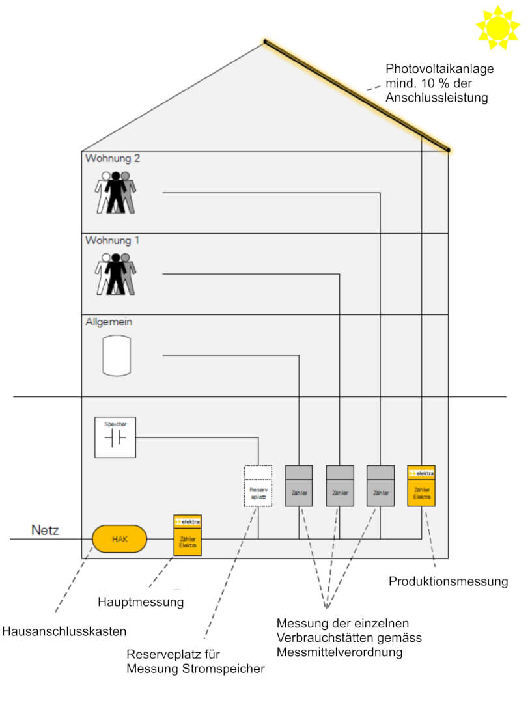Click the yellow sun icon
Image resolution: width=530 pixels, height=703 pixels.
click(x=498, y=27)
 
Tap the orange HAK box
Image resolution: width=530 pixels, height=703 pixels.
click(x=120, y=539)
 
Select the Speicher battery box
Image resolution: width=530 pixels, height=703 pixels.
click(x=115, y=437)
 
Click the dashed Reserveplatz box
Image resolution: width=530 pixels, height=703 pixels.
click(x=258, y=486)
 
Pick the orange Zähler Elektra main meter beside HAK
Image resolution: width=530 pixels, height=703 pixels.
click(x=188, y=535)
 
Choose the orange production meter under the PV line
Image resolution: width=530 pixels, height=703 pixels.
click(x=421, y=486)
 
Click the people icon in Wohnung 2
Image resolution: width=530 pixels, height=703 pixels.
click(x=116, y=192)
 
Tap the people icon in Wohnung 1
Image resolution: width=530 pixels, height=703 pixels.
click(x=116, y=274)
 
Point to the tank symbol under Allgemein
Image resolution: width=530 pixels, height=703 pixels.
click(x=117, y=355)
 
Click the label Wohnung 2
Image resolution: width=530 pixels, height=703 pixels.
click(x=113, y=158)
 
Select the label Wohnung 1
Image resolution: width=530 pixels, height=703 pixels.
click(x=113, y=241)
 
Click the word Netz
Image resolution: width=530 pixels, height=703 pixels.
click(x=45, y=531)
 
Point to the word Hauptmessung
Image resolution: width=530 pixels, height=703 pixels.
click(x=141, y=602)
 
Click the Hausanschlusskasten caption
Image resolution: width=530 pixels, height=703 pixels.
click(x=64, y=631)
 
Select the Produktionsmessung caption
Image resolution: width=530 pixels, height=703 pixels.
click(x=448, y=581)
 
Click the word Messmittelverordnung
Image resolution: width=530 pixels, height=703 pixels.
click(x=340, y=652)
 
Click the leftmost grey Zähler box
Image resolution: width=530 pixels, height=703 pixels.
click(x=299, y=486)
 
